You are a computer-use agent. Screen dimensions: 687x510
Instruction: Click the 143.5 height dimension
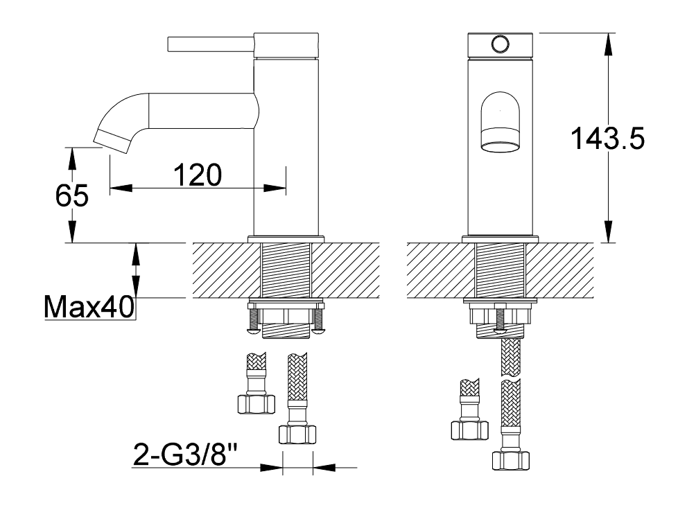pyautogui.click(x=607, y=139)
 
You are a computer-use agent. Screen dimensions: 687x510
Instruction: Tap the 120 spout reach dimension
pyautogui.click(x=198, y=175)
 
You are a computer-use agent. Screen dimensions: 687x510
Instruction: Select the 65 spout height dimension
pyautogui.click(x=72, y=195)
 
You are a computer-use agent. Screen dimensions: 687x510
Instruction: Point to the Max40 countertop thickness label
pyautogui.click(x=89, y=307)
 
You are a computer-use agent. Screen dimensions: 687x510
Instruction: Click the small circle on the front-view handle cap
pyautogui.click(x=500, y=44)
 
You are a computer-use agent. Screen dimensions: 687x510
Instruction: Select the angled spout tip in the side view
pyautogui.click(x=112, y=141)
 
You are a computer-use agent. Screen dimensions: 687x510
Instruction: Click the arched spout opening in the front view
pyautogui.click(x=500, y=122)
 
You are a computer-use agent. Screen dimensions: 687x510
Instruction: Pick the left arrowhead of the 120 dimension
pyautogui.click(x=121, y=188)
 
